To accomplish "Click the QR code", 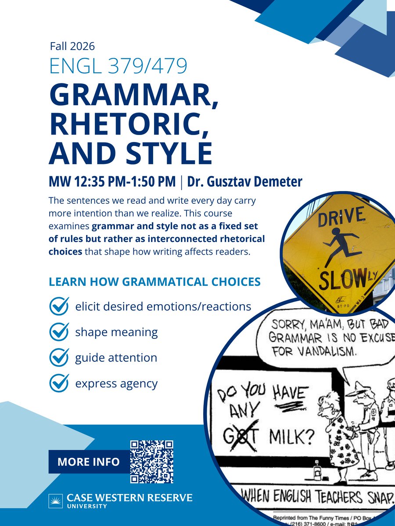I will point(152,462).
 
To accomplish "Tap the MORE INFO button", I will point(88,462).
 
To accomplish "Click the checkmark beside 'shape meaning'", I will point(59,332).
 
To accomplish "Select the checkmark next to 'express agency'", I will point(59,383).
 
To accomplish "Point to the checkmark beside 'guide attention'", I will point(59,357).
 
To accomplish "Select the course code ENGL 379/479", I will point(118,65).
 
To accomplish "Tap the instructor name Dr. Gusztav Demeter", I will point(245,181).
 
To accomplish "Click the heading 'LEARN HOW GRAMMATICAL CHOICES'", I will point(155,281).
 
